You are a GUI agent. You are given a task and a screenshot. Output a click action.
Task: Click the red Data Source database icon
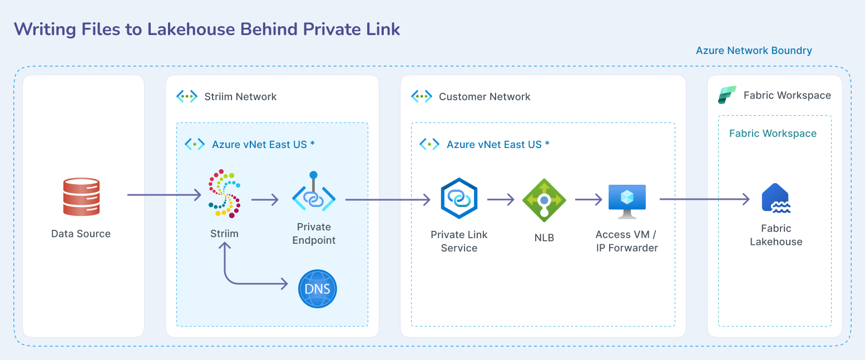pyautogui.click(x=81, y=196)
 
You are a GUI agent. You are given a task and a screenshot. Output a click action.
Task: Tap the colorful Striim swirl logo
pyautogui.click(x=225, y=193)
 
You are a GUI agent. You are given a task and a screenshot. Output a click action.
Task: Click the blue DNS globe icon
pyautogui.click(x=318, y=288)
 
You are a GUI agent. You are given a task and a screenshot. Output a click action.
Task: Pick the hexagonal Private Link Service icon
pyautogui.click(x=459, y=199)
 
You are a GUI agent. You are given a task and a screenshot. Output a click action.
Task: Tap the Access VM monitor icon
pyautogui.click(x=627, y=200)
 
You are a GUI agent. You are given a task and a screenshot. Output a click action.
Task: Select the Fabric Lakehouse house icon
pyautogui.click(x=775, y=198)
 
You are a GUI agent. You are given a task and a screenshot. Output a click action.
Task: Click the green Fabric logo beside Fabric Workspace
pyautogui.click(x=727, y=95)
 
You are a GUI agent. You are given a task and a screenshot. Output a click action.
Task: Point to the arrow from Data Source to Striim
pyautogui.click(x=164, y=195)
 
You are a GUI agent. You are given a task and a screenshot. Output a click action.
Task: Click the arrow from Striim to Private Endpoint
pyautogui.click(x=265, y=199)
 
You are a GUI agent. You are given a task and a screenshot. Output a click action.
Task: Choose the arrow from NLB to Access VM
pyautogui.click(x=589, y=199)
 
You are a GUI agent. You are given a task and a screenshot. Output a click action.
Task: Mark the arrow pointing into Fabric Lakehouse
pyautogui.click(x=704, y=199)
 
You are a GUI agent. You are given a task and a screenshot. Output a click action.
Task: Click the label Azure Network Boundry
pyautogui.click(x=754, y=51)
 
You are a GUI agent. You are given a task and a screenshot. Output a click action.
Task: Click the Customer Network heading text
pyautogui.click(x=485, y=97)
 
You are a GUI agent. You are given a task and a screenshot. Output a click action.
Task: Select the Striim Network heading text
pyautogui.click(x=240, y=97)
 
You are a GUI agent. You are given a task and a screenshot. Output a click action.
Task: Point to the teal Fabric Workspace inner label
pyautogui.click(x=773, y=134)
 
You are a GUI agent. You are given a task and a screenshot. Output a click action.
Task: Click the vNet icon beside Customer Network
pyautogui.click(x=422, y=96)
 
